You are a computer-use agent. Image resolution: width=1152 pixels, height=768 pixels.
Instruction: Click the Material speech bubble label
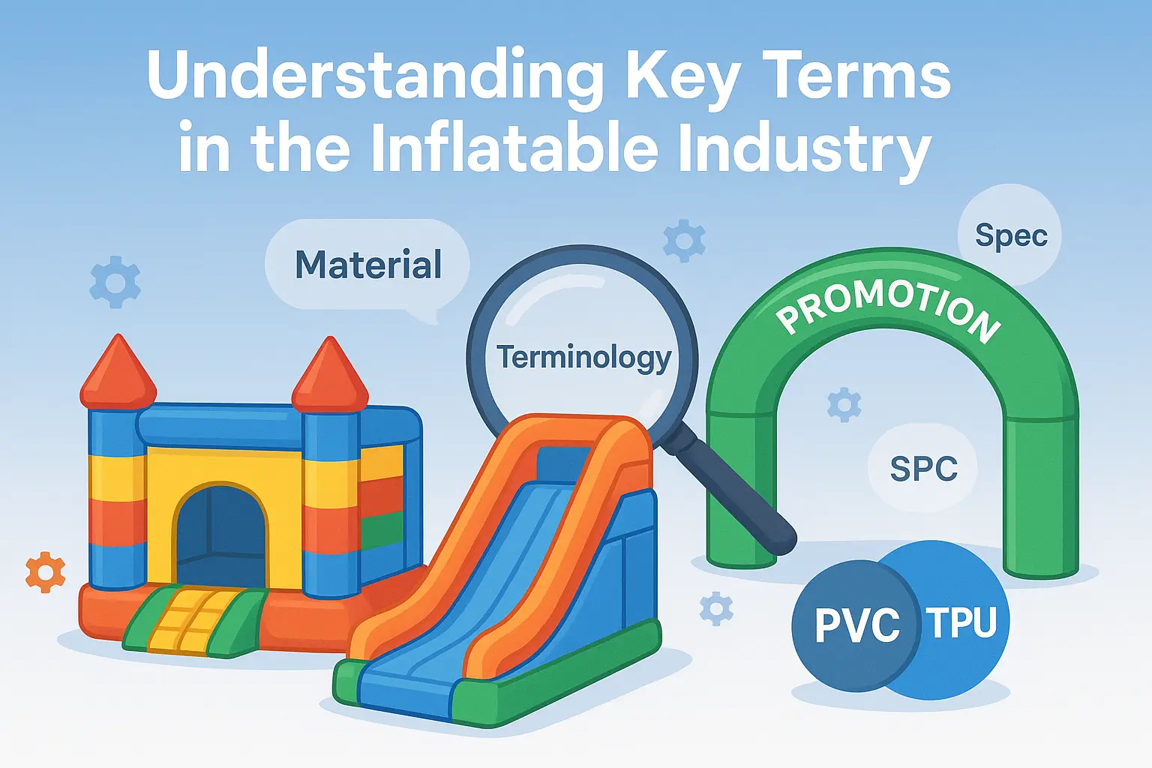coord(368,265)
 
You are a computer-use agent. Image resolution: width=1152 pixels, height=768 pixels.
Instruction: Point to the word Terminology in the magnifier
coord(583,358)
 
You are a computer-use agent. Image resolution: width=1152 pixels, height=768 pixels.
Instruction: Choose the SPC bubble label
coord(924,469)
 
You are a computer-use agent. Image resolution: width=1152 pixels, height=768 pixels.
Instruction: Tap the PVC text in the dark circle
coord(857,625)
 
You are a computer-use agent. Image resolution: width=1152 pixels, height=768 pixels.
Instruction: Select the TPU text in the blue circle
coord(961,622)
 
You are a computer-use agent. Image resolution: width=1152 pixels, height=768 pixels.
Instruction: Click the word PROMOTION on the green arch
coord(889,306)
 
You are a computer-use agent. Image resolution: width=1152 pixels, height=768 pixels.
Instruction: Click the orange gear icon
coord(45,572)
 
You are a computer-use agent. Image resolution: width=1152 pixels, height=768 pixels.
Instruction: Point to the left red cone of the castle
coord(118,370)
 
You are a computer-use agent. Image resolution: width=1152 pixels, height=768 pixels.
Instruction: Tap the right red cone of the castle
coord(330,373)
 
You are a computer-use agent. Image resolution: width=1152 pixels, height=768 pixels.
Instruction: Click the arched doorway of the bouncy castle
coord(222,535)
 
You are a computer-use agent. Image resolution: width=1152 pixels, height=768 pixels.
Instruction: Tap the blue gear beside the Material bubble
coord(115,282)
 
